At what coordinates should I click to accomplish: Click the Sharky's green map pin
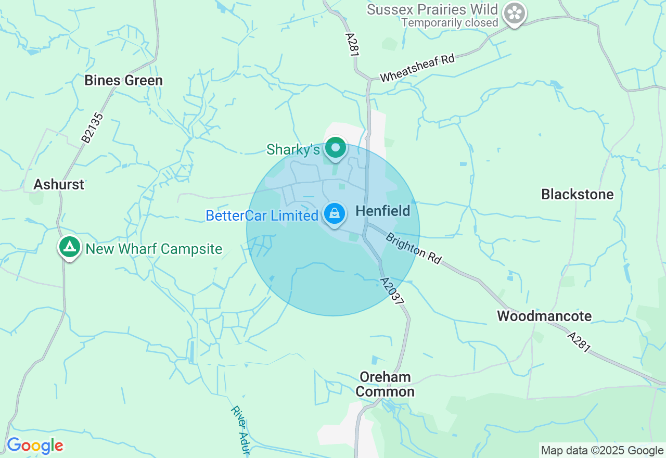click(x=336, y=148)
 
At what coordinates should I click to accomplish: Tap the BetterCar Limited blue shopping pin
click(x=335, y=214)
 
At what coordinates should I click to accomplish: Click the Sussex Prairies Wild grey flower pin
click(x=515, y=13)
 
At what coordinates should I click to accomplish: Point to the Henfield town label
click(x=383, y=211)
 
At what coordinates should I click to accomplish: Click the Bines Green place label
click(x=124, y=81)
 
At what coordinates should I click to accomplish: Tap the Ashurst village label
click(x=59, y=184)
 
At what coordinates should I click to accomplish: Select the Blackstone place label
click(x=578, y=195)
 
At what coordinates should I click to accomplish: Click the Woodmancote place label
click(x=544, y=316)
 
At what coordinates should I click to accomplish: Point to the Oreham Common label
click(x=385, y=385)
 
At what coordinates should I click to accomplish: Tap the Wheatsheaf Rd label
click(x=417, y=68)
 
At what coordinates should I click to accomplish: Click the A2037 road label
click(x=393, y=291)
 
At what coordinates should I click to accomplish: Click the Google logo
click(x=35, y=446)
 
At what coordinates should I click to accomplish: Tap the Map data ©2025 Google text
click(x=602, y=451)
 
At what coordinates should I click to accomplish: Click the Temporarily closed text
click(x=450, y=23)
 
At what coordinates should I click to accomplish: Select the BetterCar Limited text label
click(x=262, y=215)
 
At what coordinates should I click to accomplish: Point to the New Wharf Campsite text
click(x=154, y=249)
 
